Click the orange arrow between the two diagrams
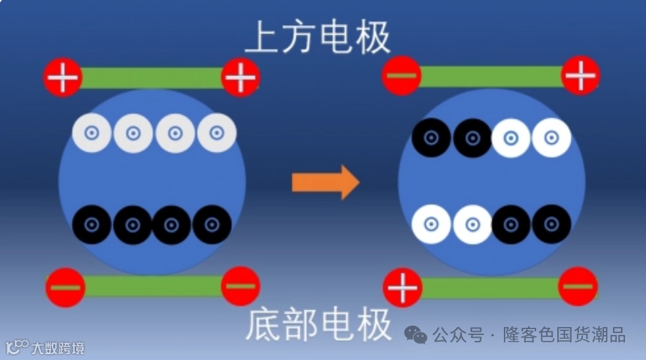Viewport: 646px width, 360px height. (325, 182)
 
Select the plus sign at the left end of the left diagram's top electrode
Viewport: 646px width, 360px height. (63, 78)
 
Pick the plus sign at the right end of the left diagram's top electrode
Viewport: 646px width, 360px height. (241, 78)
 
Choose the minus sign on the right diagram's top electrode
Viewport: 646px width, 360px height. (401, 76)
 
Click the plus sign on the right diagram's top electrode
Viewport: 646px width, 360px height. (580, 76)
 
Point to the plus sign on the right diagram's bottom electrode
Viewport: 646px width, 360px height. (403, 288)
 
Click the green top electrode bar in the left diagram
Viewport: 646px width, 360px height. (152, 78)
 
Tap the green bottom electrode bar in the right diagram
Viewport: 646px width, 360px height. (490, 288)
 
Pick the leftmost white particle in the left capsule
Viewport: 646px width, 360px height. (91, 133)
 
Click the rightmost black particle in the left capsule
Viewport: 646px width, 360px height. (212, 224)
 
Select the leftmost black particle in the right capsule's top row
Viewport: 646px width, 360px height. (432, 138)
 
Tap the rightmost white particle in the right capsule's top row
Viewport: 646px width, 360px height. (551, 138)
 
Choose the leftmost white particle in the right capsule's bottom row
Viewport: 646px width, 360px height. (432, 224)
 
